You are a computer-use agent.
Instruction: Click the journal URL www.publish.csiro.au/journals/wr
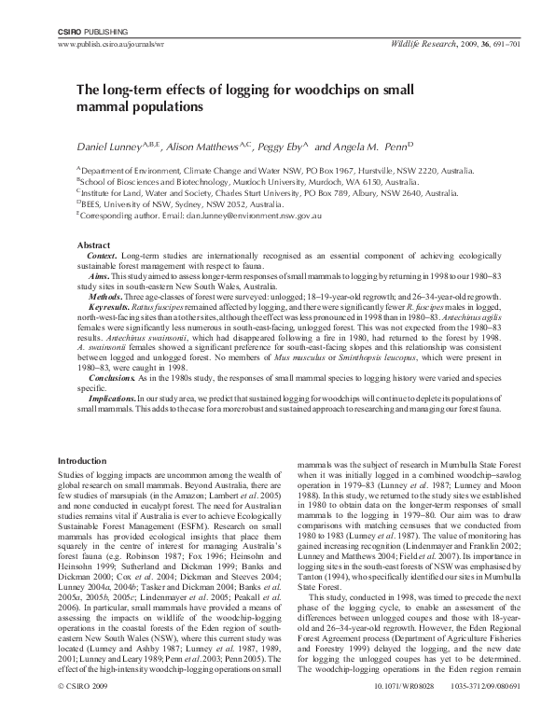click(x=112, y=44)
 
